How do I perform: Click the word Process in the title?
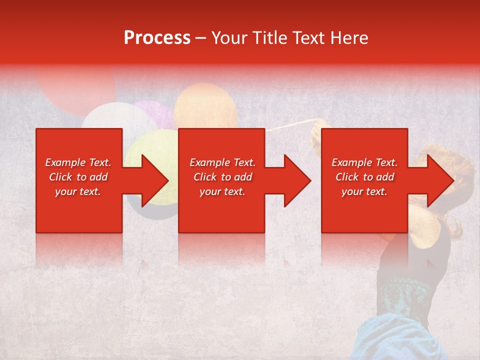157,37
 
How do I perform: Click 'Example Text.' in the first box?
78,162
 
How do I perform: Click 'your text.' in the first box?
78,191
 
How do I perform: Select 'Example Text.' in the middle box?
222,162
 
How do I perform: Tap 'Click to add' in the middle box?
222,177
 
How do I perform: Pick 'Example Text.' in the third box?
364,162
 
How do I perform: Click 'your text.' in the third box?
364,191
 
